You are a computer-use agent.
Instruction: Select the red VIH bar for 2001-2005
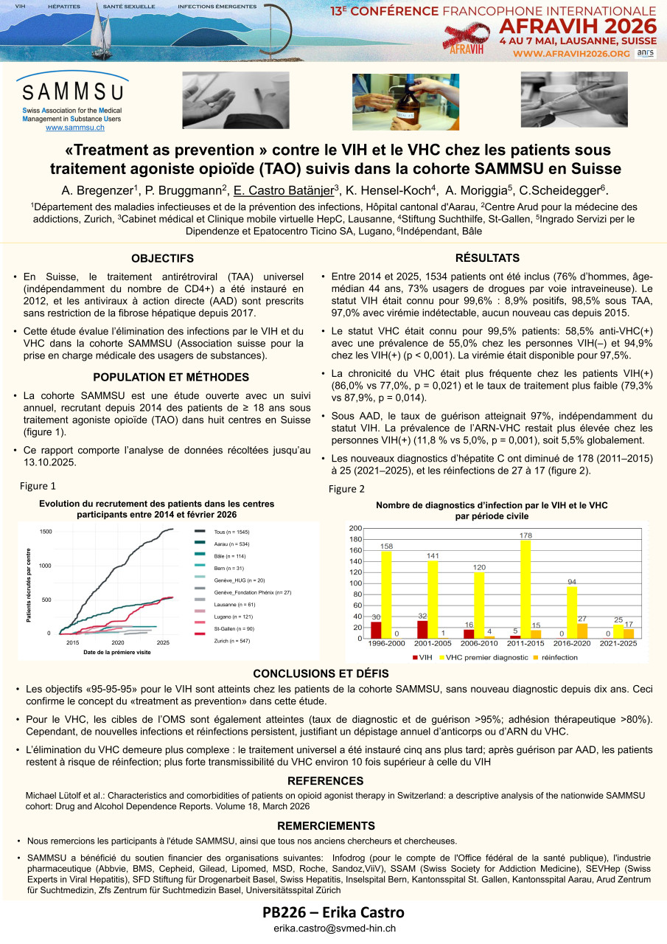tap(422, 629)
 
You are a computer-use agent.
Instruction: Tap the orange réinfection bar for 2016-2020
tap(582, 631)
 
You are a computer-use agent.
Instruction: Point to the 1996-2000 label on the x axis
tap(386, 644)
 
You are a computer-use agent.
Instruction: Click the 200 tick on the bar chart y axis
tap(355, 529)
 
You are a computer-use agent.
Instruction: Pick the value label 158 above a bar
tap(386, 546)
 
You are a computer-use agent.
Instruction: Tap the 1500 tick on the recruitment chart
tap(46, 532)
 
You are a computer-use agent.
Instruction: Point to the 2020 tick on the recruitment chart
tap(118, 643)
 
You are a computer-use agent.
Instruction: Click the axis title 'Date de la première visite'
tap(117, 653)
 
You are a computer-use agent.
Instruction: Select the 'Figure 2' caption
tap(346, 489)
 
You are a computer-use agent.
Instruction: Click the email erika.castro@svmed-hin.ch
tap(335, 929)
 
